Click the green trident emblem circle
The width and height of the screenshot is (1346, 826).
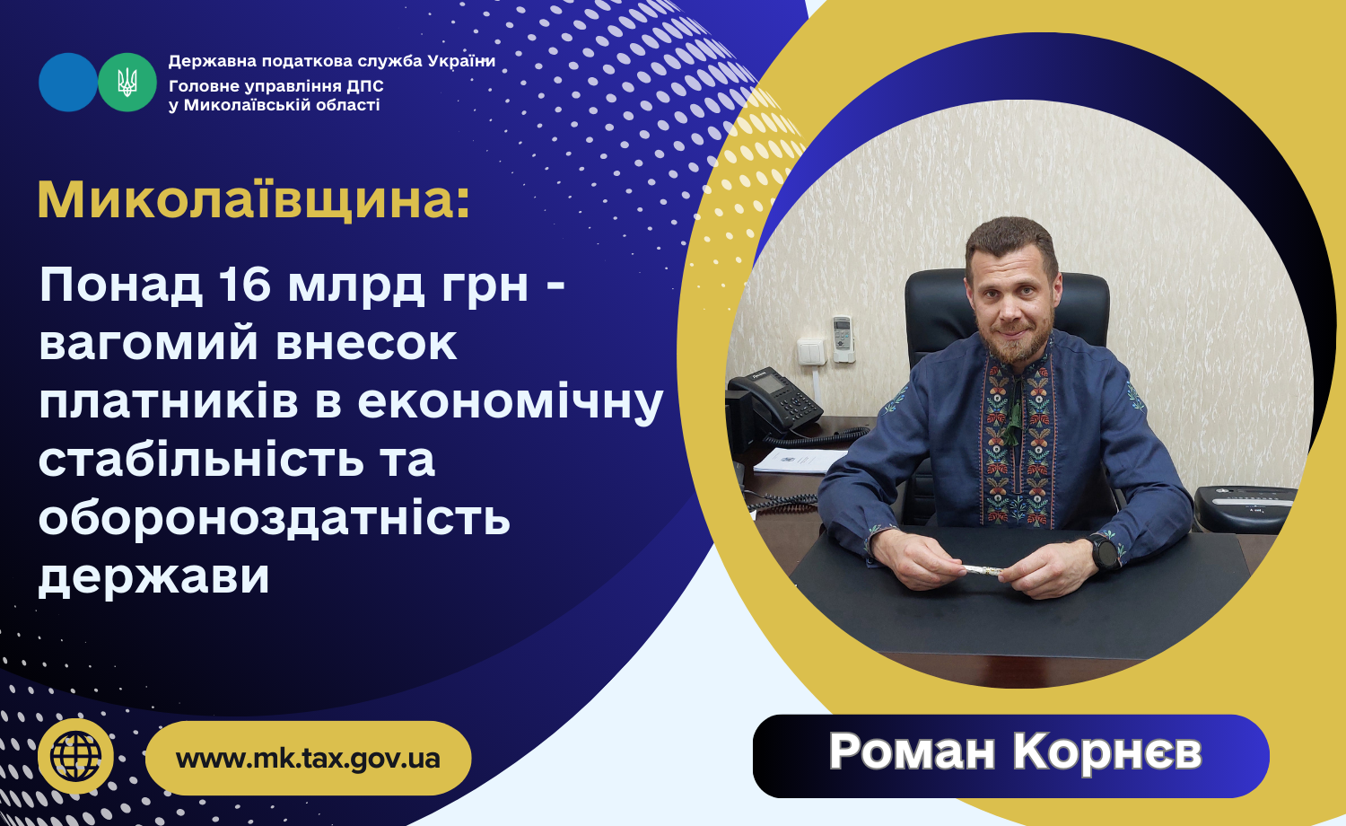click(127, 83)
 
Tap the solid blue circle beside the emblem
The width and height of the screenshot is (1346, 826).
click(68, 83)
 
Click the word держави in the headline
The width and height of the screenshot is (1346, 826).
click(153, 576)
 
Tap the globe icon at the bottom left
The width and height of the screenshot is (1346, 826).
click(75, 756)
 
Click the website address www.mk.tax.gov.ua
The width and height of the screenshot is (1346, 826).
click(309, 758)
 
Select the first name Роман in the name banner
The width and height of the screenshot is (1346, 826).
click(913, 751)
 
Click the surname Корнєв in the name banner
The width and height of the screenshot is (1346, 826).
click(1107, 751)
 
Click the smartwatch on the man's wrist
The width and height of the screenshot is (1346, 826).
click(1105, 551)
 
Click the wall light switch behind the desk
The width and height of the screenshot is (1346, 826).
click(811, 352)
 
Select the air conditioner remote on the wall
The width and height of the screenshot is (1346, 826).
click(843, 338)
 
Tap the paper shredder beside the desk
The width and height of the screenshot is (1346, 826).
click(1244, 508)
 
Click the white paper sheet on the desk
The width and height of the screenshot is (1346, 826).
click(800, 461)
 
